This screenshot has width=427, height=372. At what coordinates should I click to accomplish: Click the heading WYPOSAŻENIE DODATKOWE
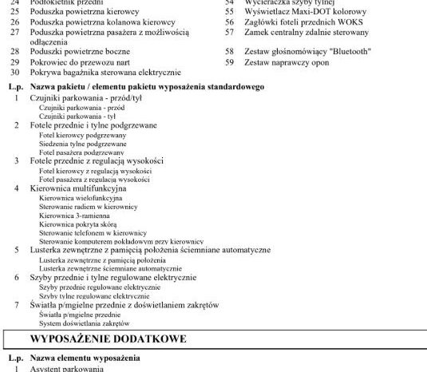tap(108, 339)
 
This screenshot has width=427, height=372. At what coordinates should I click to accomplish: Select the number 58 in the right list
tap(229, 50)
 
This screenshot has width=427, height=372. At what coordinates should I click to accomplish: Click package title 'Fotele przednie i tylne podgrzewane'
tap(93, 125)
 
